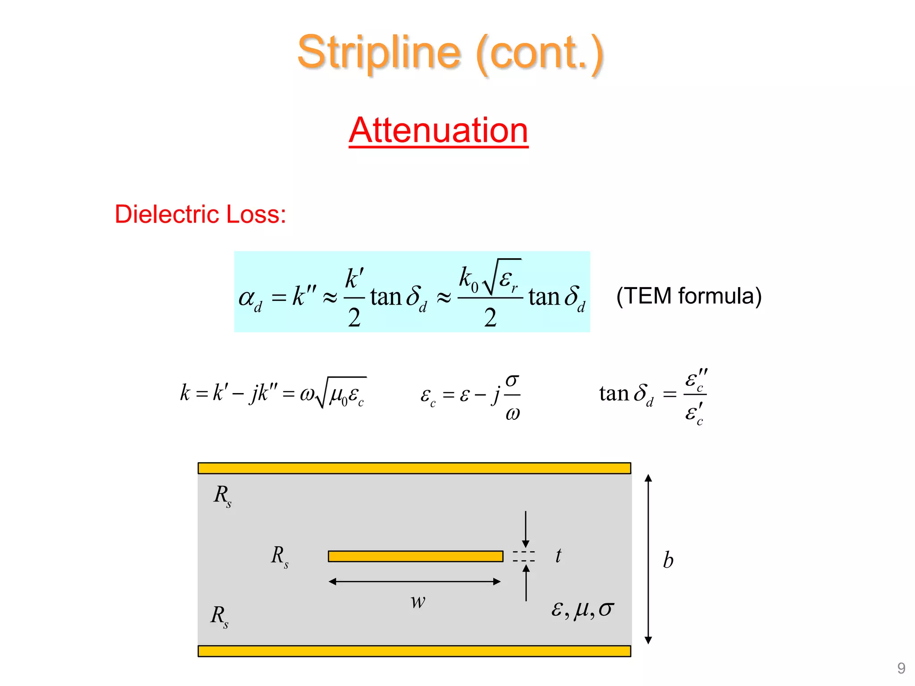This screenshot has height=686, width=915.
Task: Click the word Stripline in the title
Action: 379,53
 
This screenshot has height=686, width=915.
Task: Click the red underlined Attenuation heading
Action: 439,130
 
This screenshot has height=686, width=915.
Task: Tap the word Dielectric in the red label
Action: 168,214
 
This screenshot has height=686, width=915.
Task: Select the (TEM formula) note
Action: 689,296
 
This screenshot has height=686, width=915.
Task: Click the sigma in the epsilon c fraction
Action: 512,381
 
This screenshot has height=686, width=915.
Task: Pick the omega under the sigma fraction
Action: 512,414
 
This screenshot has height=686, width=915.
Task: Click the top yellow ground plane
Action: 414,468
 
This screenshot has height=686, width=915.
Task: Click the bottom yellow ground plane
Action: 414,651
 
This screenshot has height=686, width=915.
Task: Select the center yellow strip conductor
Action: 416,556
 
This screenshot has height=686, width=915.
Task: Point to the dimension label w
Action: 418,602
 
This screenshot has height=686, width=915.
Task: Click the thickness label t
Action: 558,556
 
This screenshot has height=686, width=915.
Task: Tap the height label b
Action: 668,560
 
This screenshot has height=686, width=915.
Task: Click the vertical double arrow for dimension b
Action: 648,559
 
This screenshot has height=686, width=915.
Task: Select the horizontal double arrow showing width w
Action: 414,581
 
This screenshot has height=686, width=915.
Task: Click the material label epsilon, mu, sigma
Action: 583,610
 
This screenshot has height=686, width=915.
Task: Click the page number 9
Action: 901,668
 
